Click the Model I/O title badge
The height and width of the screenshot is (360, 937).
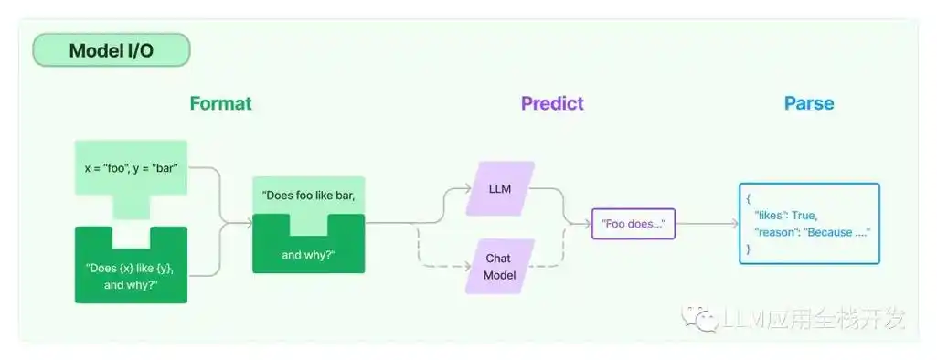click(x=111, y=50)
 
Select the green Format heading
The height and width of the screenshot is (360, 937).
click(x=220, y=103)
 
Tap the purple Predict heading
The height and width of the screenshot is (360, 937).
click(x=552, y=103)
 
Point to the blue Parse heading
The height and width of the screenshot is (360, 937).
click(x=809, y=103)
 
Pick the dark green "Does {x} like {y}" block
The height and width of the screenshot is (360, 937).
click(x=131, y=275)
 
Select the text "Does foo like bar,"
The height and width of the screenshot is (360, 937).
click(x=308, y=196)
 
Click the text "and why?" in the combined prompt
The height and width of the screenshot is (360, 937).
click(x=308, y=255)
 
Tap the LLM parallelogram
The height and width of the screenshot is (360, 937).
click(x=499, y=189)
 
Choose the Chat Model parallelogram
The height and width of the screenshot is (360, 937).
click(x=499, y=267)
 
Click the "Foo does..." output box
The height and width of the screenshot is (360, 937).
click(x=633, y=224)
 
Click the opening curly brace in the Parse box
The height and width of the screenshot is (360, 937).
click(x=749, y=197)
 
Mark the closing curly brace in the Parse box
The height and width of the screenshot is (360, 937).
click(x=749, y=249)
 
